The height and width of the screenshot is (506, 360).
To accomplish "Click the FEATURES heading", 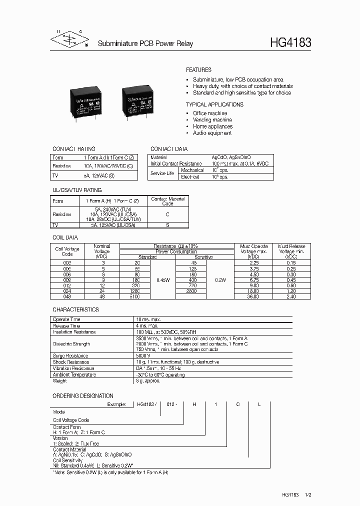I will click(198, 70).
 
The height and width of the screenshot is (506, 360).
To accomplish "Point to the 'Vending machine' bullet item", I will click(212, 120).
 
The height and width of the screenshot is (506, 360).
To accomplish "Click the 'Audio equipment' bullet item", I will click(212, 133).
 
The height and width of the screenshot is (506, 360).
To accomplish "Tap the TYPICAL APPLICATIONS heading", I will click(214, 104).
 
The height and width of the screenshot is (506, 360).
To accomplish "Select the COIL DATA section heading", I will click(65, 237).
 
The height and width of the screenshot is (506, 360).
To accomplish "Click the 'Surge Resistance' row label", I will click(71, 355).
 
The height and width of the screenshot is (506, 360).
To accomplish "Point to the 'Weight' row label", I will click(59, 380).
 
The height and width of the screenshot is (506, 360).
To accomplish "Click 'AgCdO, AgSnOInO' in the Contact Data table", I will click(229, 157).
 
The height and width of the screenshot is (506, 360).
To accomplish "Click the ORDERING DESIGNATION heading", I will click(83, 395).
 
